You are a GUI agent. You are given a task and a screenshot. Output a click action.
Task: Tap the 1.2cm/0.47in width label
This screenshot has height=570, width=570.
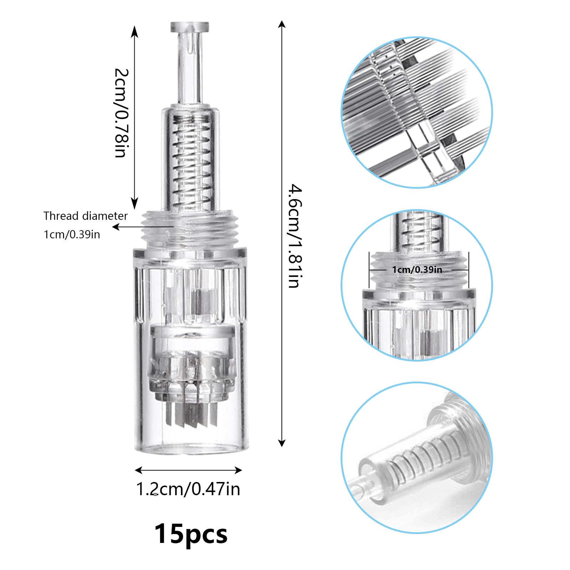(188, 489)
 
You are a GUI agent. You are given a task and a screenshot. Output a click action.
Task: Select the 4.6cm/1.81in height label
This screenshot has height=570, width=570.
(295, 236)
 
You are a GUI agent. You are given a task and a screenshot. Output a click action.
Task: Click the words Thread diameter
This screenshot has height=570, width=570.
(85, 216)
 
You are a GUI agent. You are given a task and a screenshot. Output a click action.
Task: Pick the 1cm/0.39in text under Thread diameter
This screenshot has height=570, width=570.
(72, 234)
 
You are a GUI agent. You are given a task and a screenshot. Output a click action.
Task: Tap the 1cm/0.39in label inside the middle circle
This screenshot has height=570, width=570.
(417, 270)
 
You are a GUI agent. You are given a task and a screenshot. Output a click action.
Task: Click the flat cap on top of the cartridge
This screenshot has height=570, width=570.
(190, 27)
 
